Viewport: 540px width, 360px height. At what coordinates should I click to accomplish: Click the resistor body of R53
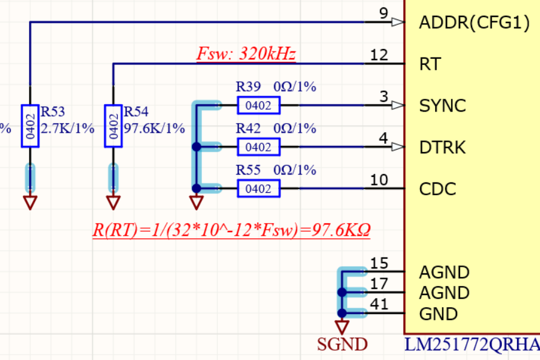click(30, 126)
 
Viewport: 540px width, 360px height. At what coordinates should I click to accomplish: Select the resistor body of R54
click(113, 126)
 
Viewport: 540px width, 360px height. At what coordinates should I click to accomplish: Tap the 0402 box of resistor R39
click(259, 105)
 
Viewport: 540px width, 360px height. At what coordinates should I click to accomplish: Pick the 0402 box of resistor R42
click(259, 147)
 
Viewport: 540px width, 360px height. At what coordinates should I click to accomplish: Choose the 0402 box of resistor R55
click(259, 188)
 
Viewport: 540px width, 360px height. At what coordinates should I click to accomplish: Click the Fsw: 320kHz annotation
click(246, 54)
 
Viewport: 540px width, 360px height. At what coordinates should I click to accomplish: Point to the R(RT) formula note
click(232, 230)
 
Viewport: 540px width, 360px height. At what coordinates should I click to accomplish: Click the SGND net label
click(342, 344)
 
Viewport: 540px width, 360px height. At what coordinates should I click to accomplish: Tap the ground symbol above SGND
click(342, 327)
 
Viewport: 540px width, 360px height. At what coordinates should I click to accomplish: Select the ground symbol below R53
click(30, 202)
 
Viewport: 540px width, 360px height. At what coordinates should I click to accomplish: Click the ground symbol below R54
click(113, 202)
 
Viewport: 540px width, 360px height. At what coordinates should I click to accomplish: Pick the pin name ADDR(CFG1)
click(474, 23)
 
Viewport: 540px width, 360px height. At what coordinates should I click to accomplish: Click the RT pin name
click(430, 64)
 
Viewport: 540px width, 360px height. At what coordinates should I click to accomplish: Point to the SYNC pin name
click(442, 106)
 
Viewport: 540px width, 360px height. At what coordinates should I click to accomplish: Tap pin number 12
click(379, 55)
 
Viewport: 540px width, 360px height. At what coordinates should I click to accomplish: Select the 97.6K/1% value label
click(155, 128)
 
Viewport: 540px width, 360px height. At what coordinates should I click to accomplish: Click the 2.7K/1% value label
click(67, 128)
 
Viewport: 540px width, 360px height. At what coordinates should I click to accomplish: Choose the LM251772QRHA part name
click(472, 344)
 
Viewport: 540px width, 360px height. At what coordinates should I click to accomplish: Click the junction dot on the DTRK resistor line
click(196, 147)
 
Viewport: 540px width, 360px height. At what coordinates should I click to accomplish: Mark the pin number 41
click(379, 304)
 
